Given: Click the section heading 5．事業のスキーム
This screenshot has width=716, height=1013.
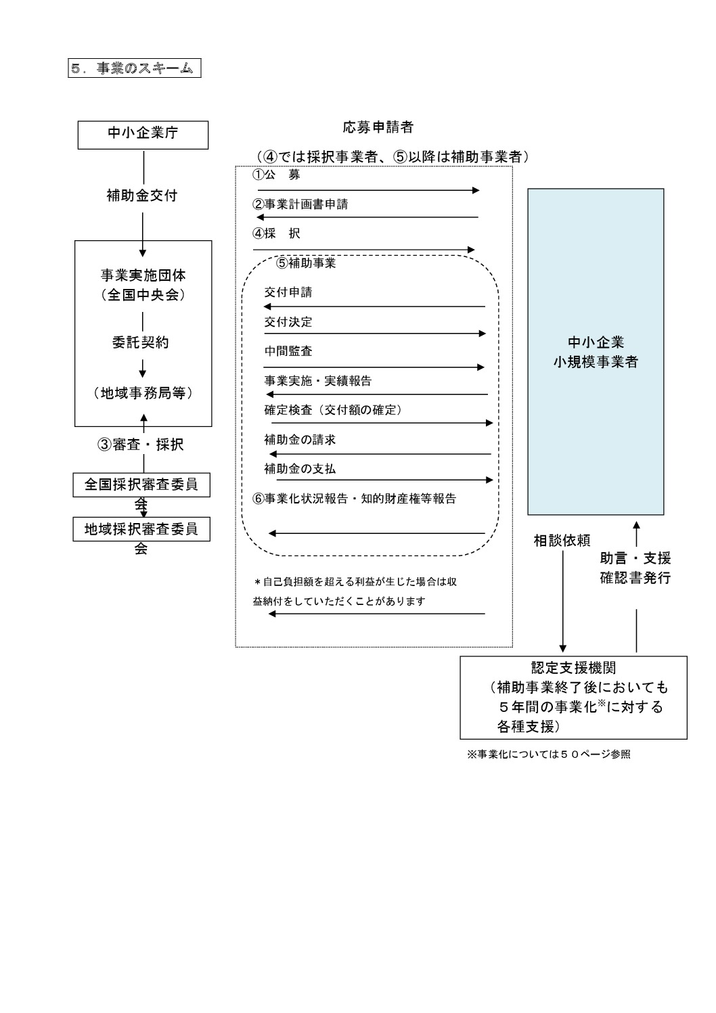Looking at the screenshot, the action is click(135, 68).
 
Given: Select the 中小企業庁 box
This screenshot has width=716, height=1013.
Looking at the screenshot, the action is click(143, 135).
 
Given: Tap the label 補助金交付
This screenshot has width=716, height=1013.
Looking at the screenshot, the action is click(142, 196).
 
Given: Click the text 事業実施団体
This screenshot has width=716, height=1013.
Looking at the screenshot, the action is click(143, 275).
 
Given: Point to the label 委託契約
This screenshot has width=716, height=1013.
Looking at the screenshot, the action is click(141, 342).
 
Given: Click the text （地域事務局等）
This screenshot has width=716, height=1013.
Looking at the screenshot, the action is click(143, 393).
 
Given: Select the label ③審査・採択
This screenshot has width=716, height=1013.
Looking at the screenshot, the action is click(141, 445).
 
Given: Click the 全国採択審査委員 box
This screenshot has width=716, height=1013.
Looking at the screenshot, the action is click(141, 485).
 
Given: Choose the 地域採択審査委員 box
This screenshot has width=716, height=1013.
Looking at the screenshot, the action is click(141, 529).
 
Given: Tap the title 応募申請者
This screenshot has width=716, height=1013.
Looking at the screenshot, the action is click(378, 127).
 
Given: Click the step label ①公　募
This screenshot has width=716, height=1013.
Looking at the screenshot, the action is click(276, 175).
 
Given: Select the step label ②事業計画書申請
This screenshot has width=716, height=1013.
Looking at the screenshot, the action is click(300, 204).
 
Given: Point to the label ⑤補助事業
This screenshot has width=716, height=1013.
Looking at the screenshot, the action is click(306, 263).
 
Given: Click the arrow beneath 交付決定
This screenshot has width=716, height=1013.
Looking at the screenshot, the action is click(375, 334).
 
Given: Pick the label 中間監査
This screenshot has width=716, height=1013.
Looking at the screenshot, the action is click(288, 351).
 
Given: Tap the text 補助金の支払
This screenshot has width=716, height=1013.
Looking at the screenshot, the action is click(300, 469).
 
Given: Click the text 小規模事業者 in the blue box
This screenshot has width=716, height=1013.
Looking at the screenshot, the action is click(596, 362).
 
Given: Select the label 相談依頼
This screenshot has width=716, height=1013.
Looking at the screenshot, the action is click(562, 541).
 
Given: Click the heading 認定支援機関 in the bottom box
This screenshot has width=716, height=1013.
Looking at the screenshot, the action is click(573, 667).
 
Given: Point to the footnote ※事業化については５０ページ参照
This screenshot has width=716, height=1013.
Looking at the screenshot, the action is click(549, 755).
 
